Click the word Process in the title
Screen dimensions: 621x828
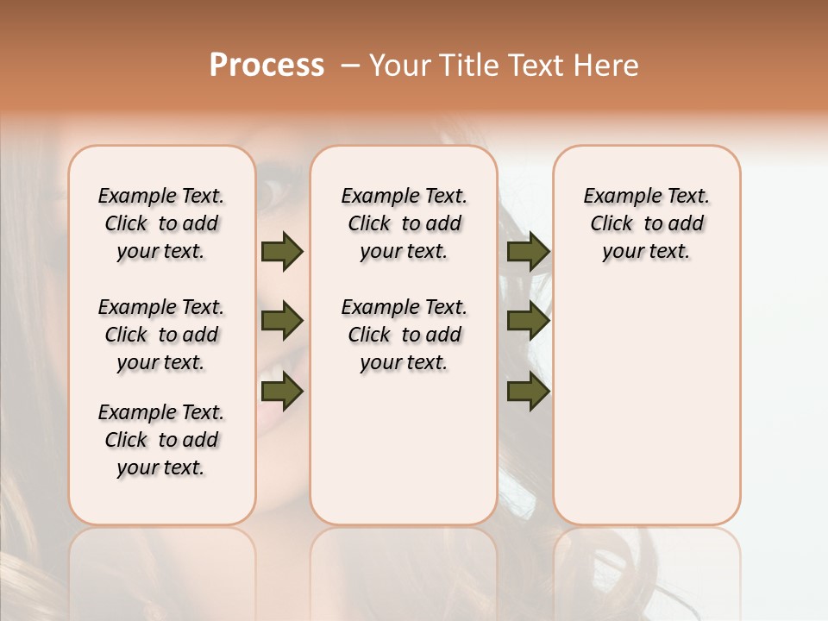click(267, 66)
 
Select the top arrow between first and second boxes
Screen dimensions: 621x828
click(282, 252)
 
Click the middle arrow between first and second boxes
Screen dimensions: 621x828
click(282, 322)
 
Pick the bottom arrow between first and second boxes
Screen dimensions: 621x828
click(282, 392)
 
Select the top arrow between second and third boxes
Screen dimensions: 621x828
click(528, 252)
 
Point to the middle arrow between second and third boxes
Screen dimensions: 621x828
click(528, 322)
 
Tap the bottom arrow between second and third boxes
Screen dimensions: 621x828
click(528, 392)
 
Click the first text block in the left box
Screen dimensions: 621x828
click(161, 223)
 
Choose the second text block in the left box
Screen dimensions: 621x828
click(161, 335)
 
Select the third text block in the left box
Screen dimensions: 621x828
click(161, 440)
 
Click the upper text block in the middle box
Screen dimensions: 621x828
click(404, 223)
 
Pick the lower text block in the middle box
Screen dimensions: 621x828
click(404, 335)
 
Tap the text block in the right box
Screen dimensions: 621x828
click(646, 223)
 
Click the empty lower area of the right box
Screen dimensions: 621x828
click(646, 405)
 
